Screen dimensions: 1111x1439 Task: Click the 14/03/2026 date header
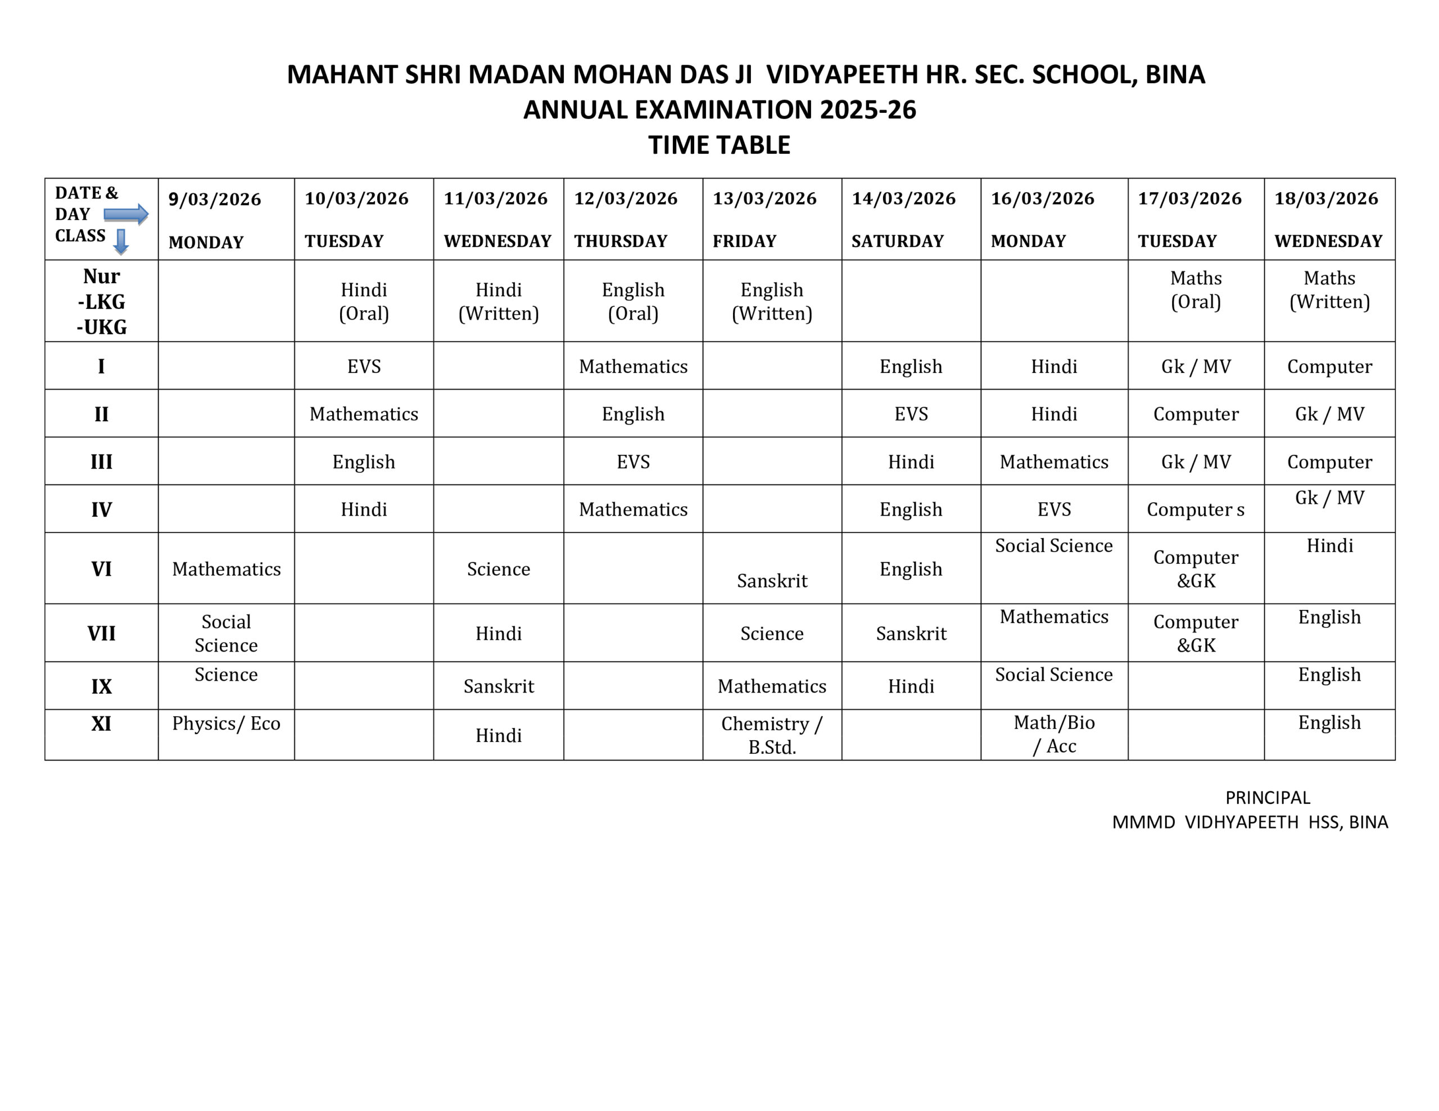tap(903, 198)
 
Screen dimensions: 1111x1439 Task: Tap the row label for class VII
tap(102, 634)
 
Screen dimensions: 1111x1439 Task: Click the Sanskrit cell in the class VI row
tap(772, 580)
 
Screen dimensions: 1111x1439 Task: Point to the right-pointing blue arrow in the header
tap(126, 214)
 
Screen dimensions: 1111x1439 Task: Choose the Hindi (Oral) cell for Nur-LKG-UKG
tap(364, 301)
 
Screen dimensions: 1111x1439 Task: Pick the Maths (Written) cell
tap(1329, 290)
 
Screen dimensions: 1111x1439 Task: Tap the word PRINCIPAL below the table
tap(1267, 798)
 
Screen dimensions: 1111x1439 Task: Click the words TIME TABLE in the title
tap(719, 145)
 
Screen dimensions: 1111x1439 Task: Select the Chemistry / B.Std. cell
tap(772, 735)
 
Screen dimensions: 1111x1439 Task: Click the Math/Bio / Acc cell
tap(1053, 734)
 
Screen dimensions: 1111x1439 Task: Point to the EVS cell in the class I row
tap(364, 366)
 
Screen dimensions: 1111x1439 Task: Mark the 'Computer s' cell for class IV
tap(1195, 509)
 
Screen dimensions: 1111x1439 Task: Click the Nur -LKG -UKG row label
tap(102, 301)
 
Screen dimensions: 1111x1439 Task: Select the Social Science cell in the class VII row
tap(226, 633)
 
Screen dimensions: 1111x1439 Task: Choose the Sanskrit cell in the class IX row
tap(498, 686)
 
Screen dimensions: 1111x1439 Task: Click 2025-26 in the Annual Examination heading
tap(867, 110)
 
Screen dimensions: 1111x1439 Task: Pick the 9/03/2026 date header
tap(214, 199)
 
